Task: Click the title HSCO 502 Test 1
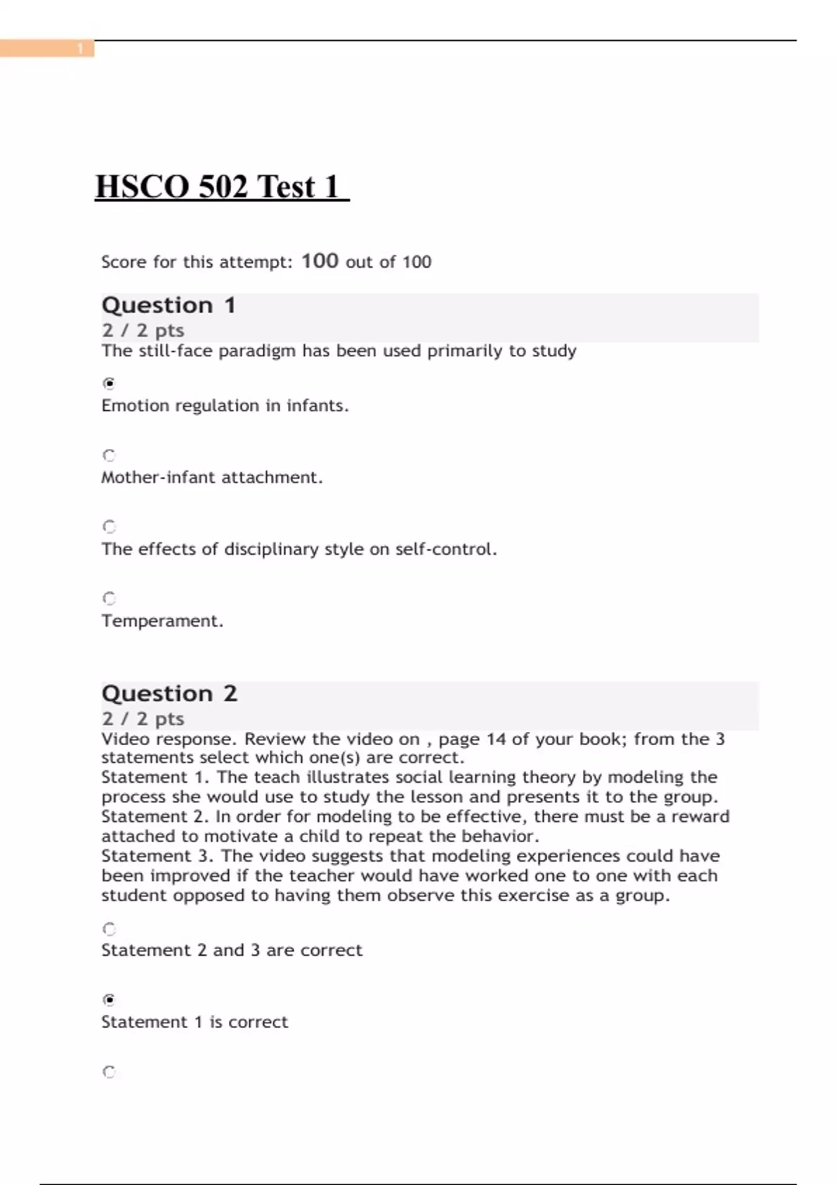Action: [x=221, y=187]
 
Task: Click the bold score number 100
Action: [x=319, y=261]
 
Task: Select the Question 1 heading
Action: [x=169, y=305]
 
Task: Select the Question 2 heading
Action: [x=169, y=694]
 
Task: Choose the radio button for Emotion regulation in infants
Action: [x=109, y=383]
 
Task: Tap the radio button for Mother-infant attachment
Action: [x=109, y=455]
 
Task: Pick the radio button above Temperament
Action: [x=109, y=598]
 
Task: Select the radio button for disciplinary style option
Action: [x=109, y=526]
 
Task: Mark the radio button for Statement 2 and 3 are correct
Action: [x=109, y=928]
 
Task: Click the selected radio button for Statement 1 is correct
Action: [x=109, y=1000]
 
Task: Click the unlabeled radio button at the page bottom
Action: [x=109, y=1071]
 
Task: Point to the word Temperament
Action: [x=162, y=621]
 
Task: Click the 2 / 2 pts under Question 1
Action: [x=143, y=330]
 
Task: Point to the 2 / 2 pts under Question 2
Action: [x=143, y=719]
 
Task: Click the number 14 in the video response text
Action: [x=496, y=739]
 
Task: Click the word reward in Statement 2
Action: [x=700, y=816]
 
